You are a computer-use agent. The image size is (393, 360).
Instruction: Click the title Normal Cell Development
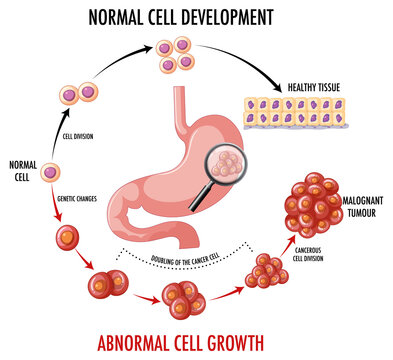(180, 17)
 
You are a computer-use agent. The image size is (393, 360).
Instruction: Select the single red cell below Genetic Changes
(67, 239)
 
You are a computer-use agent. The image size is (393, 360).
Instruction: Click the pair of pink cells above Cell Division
(77, 94)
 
